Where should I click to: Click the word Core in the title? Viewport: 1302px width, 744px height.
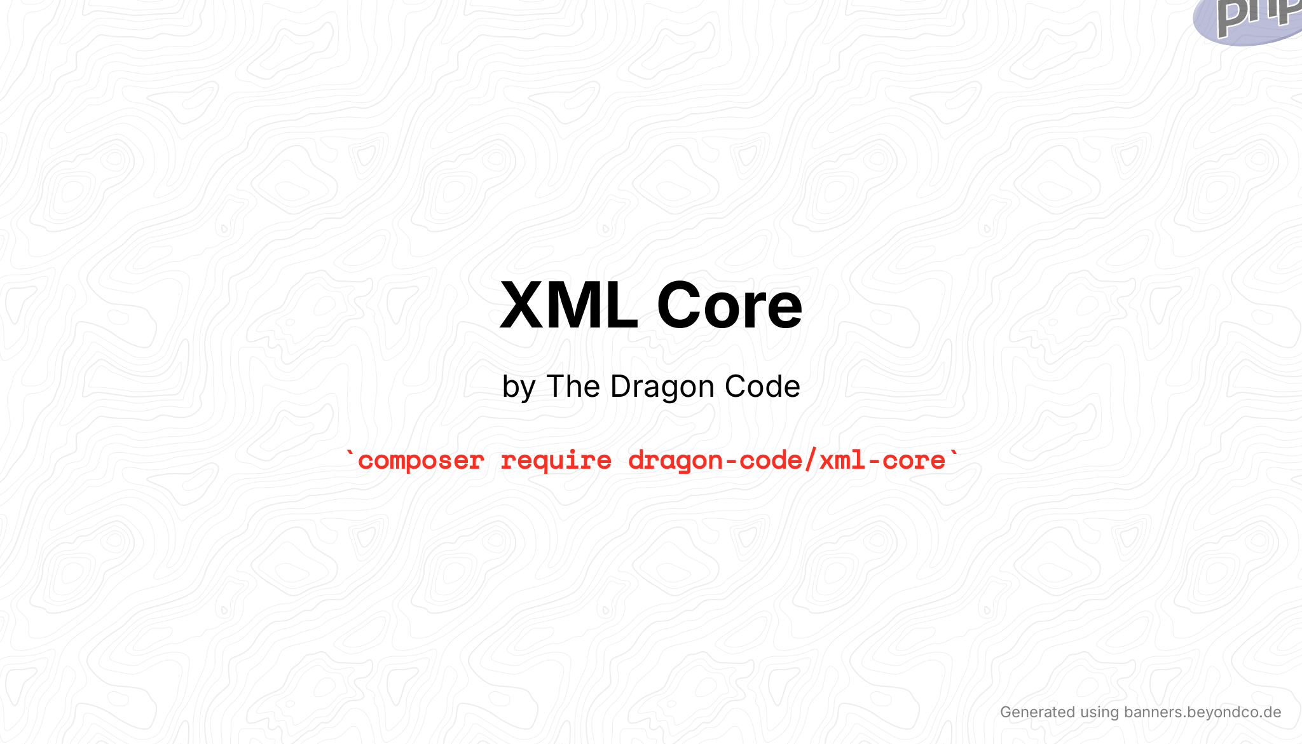pyautogui.click(x=729, y=306)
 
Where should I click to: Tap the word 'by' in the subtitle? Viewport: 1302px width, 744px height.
pyautogui.click(x=518, y=387)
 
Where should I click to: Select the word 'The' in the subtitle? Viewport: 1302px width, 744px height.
pyautogui.click(x=573, y=386)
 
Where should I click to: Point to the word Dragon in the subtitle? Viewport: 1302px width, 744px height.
pyautogui.click(x=662, y=387)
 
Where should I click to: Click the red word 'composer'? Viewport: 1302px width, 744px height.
pyautogui.click(x=421, y=460)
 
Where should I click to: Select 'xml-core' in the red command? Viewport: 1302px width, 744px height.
pyautogui.click(x=882, y=460)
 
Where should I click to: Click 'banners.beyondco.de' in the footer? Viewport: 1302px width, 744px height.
pyautogui.click(x=1202, y=712)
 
